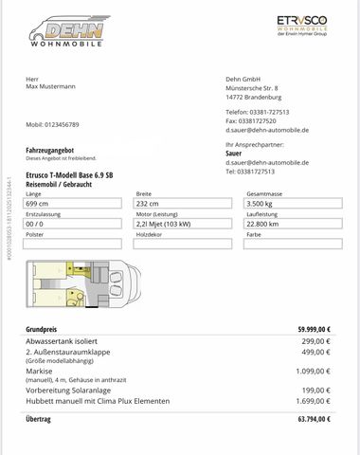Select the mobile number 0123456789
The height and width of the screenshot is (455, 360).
(x=52, y=124)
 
